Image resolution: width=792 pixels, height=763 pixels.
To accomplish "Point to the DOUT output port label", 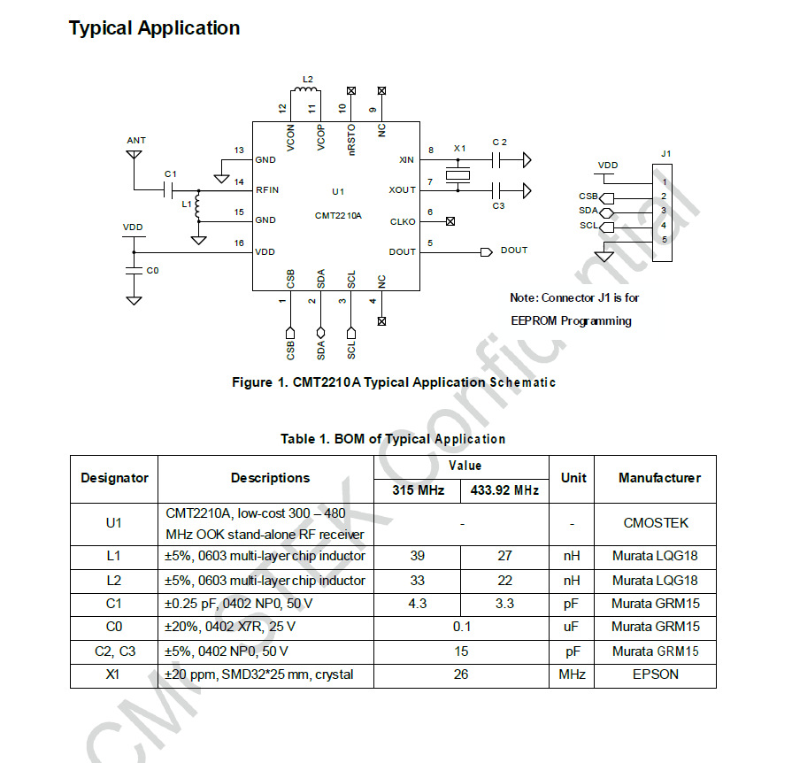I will [x=513, y=250].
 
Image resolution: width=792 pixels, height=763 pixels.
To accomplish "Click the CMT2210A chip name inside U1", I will [x=338, y=215].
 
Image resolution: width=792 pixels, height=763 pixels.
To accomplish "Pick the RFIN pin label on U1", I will [x=267, y=189].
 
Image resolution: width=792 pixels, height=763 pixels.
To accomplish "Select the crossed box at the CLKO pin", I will [x=450, y=221].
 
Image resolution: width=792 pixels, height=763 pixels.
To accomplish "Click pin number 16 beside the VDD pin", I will [x=238, y=243].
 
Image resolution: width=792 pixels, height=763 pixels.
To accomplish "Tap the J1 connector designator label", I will [x=665, y=153].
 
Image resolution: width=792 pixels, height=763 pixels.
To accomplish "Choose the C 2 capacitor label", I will [x=500, y=142].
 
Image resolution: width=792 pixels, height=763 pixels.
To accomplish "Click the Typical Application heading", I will [x=155, y=28].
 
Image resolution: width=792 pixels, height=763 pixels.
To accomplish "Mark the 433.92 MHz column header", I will [x=504, y=489].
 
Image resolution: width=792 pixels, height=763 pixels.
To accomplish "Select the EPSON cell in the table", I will [x=655, y=674].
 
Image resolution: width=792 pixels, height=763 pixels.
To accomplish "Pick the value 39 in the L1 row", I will [x=418, y=557].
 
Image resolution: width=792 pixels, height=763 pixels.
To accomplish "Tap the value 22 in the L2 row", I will [x=505, y=581].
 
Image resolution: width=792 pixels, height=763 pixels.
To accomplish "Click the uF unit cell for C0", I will [x=573, y=627].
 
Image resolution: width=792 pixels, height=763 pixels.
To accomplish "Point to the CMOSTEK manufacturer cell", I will [x=656, y=523].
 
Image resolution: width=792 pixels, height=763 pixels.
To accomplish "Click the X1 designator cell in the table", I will [x=114, y=674].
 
